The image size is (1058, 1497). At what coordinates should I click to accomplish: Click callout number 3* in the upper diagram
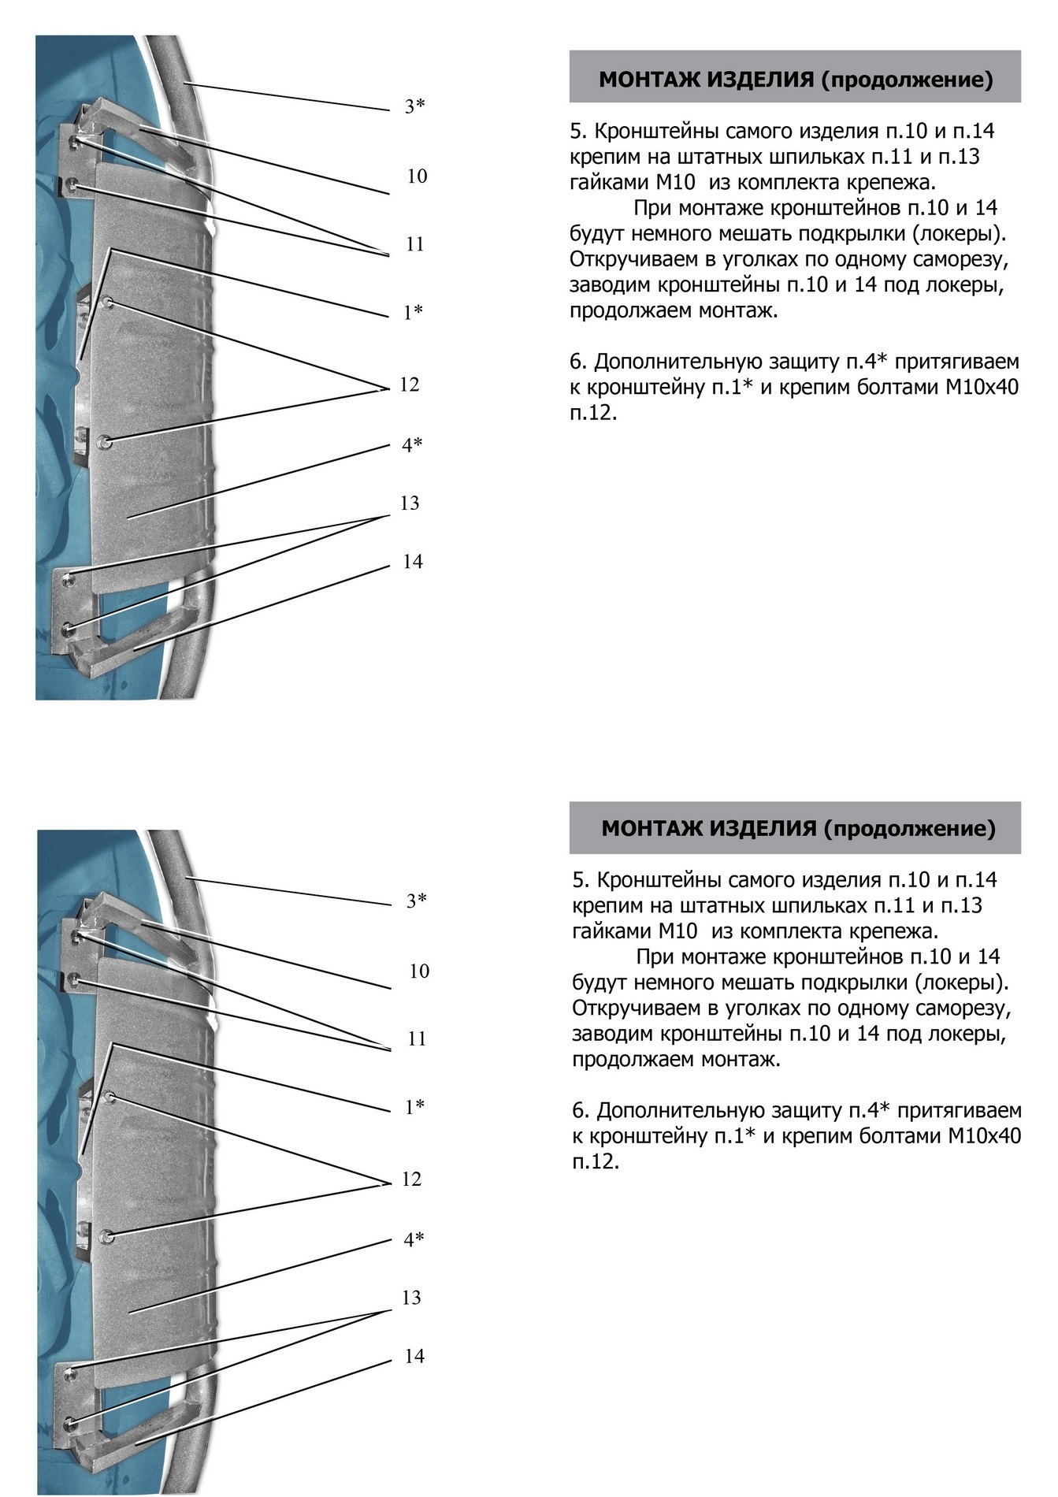[x=415, y=106]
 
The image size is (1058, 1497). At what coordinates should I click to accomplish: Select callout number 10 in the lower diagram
[x=419, y=971]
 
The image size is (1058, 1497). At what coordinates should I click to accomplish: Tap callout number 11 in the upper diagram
[x=415, y=244]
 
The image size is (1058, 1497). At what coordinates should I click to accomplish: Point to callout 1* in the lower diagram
[x=415, y=1107]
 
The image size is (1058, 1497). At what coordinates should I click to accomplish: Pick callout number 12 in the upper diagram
[x=410, y=384]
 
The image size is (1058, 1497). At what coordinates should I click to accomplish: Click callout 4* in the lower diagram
[x=414, y=1239]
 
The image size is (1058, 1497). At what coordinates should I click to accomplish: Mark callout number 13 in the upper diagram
[x=410, y=503]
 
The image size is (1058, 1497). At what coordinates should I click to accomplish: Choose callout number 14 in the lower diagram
[x=414, y=1356]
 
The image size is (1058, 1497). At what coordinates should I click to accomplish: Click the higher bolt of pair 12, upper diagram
[x=109, y=302]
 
